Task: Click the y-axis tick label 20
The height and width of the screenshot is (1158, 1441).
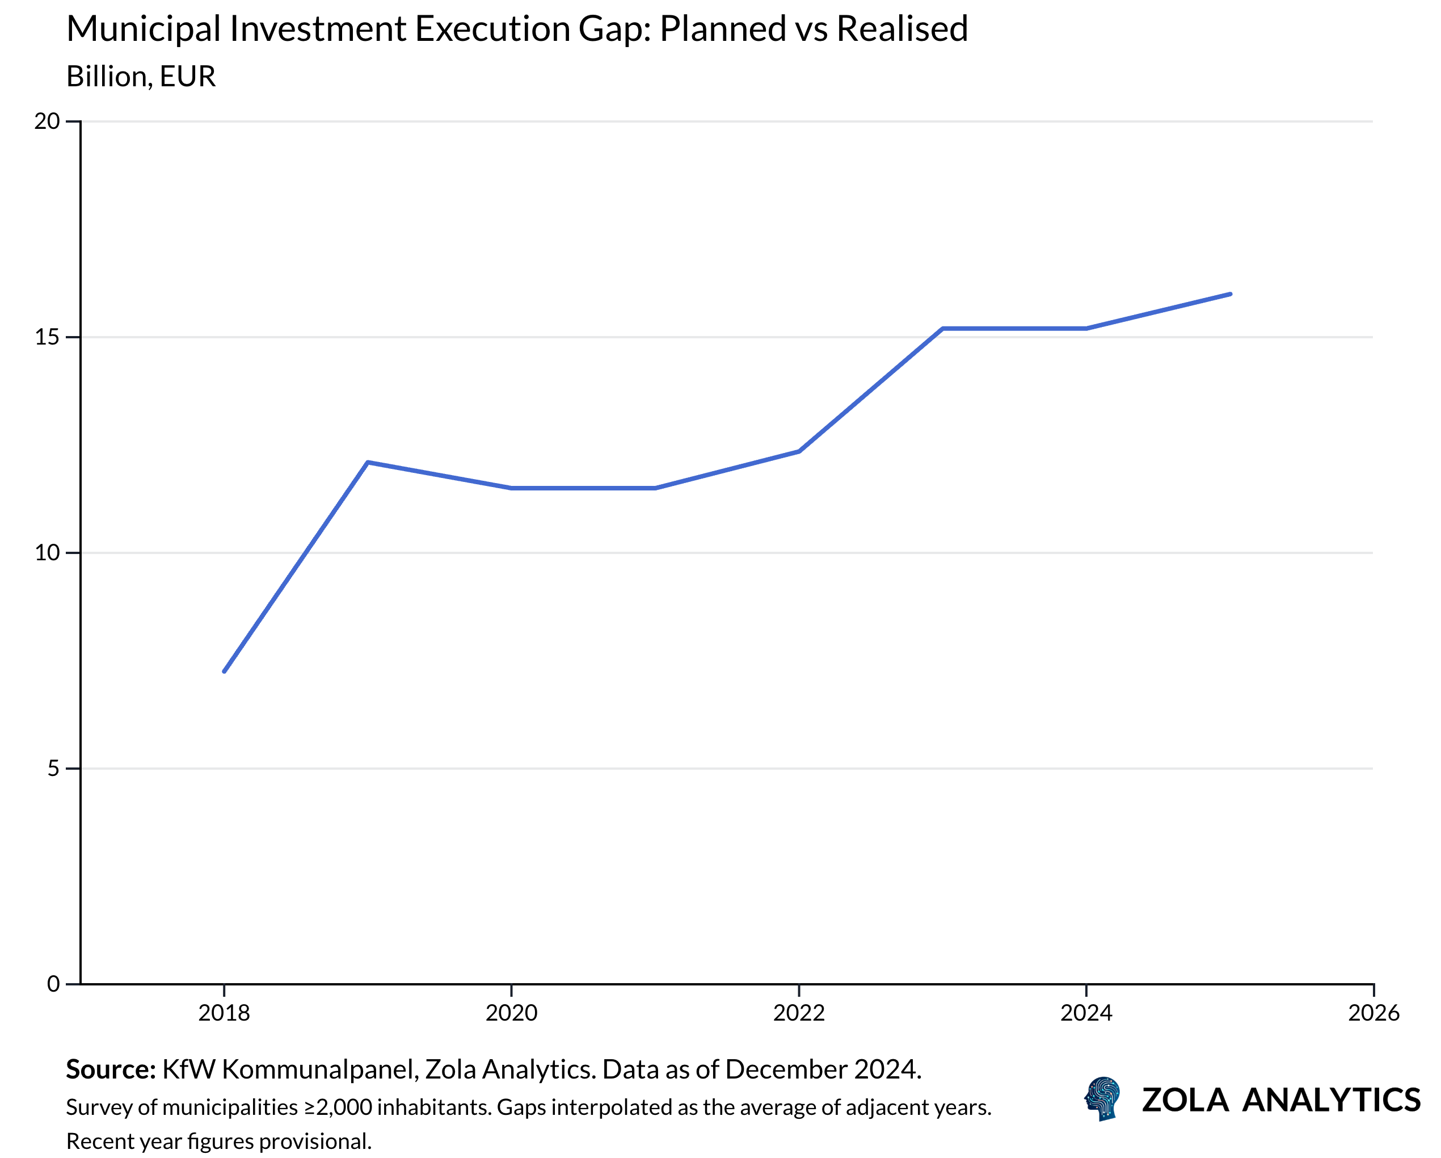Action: coord(47,121)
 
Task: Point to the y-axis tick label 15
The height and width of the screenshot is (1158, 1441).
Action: coord(47,337)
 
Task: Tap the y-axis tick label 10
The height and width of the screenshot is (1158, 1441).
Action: coord(47,553)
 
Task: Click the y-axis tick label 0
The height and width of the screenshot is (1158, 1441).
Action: coord(53,984)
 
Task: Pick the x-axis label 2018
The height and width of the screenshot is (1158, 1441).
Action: coord(224,1013)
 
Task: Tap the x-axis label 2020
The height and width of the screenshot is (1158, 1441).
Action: coord(511,1013)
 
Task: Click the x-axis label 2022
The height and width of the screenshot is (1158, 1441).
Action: coord(799,1013)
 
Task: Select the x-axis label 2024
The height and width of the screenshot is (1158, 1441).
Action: coord(1086,1013)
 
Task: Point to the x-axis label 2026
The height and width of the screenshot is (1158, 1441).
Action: coord(1373,1013)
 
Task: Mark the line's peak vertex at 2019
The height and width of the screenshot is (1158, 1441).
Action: coord(368,462)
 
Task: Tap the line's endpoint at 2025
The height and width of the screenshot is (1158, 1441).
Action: coord(1231,293)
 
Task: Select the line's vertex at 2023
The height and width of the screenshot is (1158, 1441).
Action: coord(942,328)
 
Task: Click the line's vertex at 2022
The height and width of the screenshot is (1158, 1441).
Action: coord(799,451)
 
